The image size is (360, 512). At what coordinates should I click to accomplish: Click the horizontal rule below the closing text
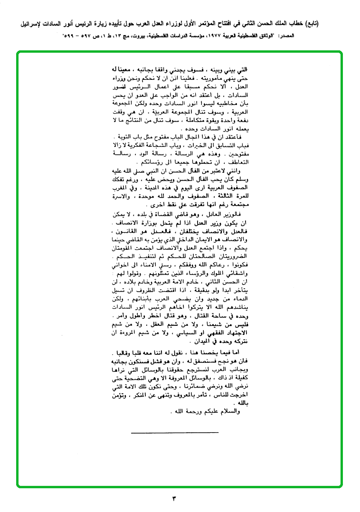click(174, 432)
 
